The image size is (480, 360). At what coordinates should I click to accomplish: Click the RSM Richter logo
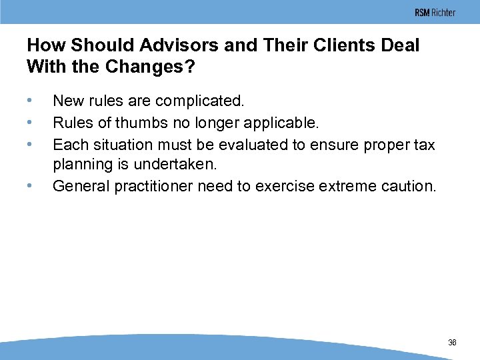(x=435, y=13)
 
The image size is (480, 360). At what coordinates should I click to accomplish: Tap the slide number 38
(x=452, y=343)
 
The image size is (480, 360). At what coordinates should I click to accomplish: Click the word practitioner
(x=153, y=186)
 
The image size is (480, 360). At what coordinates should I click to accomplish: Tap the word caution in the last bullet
(x=409, y=186)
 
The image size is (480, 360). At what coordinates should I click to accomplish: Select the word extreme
(x=347, y=186)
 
